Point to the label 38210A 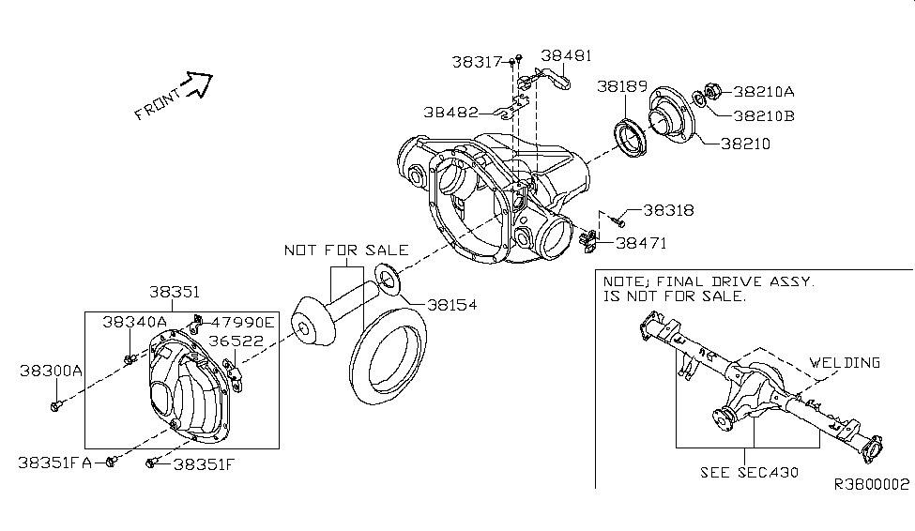(764, 92)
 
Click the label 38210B (764, 116)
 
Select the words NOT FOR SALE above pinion (346, 250)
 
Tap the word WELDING (846, 362)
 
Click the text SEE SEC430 (749, 472)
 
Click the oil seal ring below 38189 (628, 133)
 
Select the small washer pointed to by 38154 (386, 279)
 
